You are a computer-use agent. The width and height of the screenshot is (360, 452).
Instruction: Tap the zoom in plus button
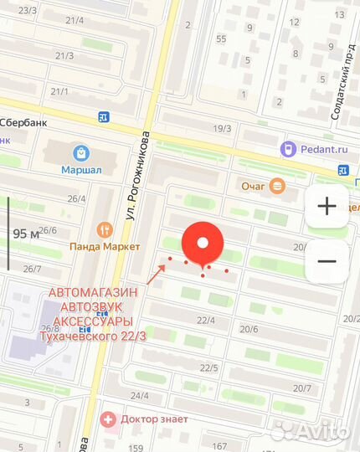(x=327, y=206)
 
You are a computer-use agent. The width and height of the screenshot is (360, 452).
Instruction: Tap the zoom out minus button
(x=327, y=261)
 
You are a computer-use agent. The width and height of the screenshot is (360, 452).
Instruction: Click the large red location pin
(x=203, y=244)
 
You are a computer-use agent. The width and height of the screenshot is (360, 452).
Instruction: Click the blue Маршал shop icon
(x=81, y=153)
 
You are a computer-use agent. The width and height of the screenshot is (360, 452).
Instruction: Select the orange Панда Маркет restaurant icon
(x=105, y=229)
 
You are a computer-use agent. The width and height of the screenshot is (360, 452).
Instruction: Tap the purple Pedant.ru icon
(x=287, y=150)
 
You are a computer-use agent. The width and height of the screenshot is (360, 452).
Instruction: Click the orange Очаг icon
(x=277, y=186)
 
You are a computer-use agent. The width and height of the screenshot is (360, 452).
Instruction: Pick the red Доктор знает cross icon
(x=107, y=419)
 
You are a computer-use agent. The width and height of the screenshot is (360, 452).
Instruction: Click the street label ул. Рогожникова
(x=137, y=177)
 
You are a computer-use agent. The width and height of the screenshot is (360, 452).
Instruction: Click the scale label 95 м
(x=26, y=234)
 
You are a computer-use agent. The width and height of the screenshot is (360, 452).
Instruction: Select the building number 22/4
(x=206, y=321)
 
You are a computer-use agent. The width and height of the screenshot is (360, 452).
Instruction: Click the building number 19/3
(x=222, y=128)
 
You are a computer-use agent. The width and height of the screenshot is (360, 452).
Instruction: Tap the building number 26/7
(x=33, y=269)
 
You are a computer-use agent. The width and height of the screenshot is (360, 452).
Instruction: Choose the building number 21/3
(x=64, y=56)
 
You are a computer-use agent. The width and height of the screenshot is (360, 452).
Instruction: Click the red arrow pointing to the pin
(x=157, y=274)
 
